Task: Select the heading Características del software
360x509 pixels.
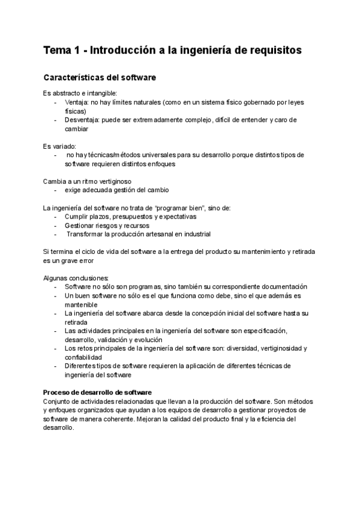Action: pyautogui.click(x=100, y=78)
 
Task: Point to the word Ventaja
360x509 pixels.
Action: pyautogui.click(x=76, y=103)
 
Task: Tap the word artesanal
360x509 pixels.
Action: pyautogui.click(x=163, y=234)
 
